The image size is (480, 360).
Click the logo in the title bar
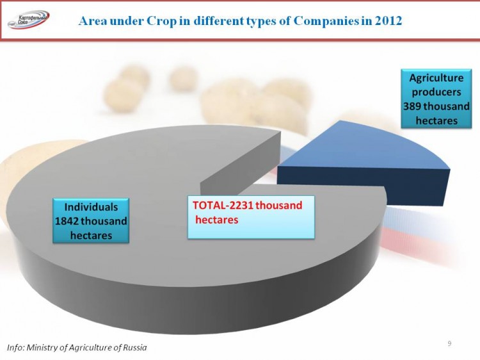click(x=28, y=20)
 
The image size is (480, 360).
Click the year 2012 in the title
click(x=388, y=21)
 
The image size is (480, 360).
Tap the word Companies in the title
click(x=326, y=21)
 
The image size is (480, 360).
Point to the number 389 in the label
click(x=412, y=106)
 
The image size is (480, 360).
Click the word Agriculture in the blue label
click(x=436, y=78)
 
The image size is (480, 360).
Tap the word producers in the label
click(x=436, y=92)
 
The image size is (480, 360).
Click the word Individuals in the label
click(x=91, y=207)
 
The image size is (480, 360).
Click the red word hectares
click(x=217, y=220)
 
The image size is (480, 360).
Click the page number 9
click(x=449, y=343)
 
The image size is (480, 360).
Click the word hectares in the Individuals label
click(x=91, y=236)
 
